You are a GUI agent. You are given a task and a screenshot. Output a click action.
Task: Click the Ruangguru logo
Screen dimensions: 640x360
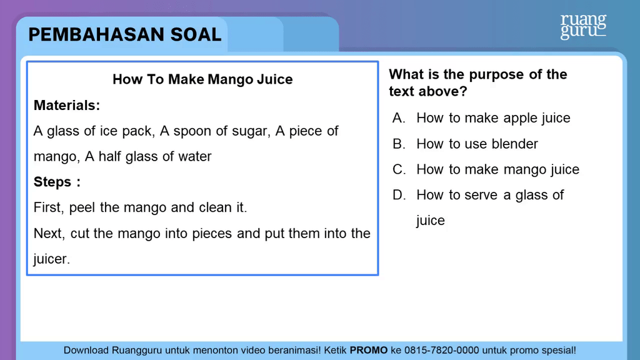[583, 26]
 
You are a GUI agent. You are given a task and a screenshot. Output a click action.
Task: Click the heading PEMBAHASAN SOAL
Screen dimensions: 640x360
[125, 35]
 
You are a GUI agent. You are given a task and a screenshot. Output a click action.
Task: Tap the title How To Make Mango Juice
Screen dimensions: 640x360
[202, 79]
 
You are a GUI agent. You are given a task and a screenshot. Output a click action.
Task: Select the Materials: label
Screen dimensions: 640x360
[67, 105]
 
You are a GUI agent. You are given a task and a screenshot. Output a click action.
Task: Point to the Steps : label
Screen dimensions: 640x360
[57, 182]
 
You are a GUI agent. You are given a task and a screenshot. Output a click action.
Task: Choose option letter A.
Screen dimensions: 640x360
[399, 118]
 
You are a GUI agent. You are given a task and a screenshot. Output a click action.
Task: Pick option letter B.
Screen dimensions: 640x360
[399, 144]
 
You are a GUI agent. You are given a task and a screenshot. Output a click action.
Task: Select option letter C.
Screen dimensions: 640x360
[399, 169]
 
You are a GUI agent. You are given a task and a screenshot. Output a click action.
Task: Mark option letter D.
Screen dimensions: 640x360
[399, 195]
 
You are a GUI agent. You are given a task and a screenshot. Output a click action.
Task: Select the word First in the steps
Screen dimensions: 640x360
[49, 207]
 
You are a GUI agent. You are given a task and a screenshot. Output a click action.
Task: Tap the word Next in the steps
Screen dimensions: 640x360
[49, 234]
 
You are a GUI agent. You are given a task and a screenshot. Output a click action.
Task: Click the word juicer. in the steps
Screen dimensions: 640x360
[52, 259]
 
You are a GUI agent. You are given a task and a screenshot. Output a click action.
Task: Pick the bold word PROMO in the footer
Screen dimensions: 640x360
[369, 350]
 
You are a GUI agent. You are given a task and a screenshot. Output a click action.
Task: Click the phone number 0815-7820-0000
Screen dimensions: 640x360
[442, 350]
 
